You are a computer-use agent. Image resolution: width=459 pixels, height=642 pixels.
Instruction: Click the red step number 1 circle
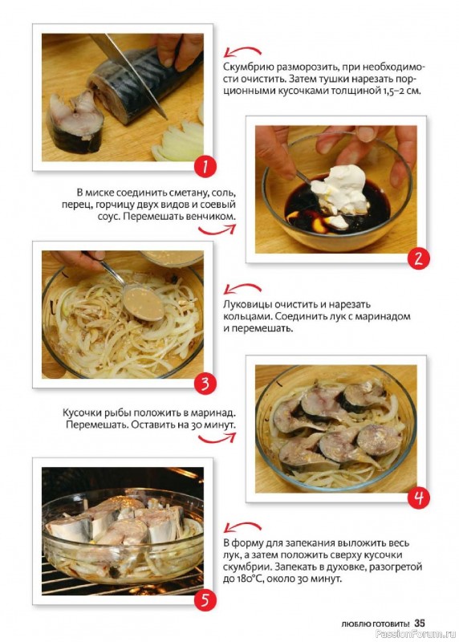pos(205,166)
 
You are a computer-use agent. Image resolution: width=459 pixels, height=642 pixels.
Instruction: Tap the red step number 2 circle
pos(418,258)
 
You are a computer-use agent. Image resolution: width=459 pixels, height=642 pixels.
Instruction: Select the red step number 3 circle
pos(205,383)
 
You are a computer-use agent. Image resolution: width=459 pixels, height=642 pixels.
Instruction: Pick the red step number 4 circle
pos(418,498)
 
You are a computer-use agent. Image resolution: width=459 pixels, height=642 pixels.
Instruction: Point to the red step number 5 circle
pos(205,599)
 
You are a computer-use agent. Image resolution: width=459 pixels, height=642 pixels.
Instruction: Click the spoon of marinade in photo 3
pos(143,303)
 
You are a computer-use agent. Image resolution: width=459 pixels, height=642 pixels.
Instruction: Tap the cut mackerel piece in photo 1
pos(75,120)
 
